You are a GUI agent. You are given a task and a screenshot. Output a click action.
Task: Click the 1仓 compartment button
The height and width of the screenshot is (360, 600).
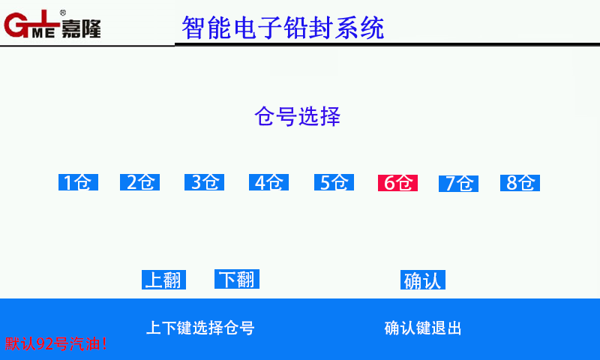[79, 182]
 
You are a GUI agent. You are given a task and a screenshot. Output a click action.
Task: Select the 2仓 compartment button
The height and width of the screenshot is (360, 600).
[139, 182]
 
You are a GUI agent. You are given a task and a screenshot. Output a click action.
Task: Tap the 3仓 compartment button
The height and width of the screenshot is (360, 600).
[204, 182]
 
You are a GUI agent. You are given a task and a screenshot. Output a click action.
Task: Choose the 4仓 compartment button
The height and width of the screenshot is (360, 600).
[268, 182]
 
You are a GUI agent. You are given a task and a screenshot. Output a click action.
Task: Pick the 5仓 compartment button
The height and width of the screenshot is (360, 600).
[334, 182]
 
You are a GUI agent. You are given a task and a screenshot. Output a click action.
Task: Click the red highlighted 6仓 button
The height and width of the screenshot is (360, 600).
[397, 183]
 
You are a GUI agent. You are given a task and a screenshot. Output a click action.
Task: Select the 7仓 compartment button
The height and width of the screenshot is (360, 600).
[458, 183]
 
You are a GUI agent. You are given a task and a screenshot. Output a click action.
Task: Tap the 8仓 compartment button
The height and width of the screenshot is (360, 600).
[520, 183]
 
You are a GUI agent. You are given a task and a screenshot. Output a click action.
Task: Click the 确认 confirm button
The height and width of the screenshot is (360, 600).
[423, 280]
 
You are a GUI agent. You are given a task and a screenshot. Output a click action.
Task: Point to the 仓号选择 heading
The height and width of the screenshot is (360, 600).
[297, 116]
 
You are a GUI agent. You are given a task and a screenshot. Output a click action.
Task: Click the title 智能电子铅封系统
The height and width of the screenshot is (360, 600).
[283, 28]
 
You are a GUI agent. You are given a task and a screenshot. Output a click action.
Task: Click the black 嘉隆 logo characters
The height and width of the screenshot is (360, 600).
[81, 28]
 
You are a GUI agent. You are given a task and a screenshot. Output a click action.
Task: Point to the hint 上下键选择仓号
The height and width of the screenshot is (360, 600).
[200, 328]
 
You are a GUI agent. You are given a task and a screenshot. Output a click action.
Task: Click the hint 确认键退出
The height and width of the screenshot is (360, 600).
[423, 328]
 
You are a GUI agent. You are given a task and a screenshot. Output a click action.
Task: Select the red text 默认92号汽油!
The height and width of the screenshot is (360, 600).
[55, 343]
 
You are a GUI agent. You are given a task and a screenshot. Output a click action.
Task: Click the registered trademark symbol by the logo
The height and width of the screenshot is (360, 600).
[63, 13]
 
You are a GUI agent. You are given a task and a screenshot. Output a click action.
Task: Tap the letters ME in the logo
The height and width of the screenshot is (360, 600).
[43, 33]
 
